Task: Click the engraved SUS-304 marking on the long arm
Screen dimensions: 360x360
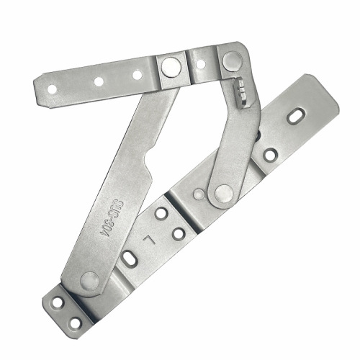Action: click(117, 215)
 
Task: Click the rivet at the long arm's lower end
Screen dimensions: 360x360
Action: click(89, 280)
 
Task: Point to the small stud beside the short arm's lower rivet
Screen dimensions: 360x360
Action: click(199, 194)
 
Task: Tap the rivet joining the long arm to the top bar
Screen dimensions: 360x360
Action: click(171, 67)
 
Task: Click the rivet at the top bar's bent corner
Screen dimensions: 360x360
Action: click(231, 61)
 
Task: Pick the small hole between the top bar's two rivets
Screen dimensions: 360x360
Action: click(200, 64)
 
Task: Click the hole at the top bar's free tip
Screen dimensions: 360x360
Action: click(52, 89)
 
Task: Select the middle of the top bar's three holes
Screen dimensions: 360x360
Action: click(99, 81)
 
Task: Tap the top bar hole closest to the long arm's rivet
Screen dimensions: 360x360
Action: click(137, 75)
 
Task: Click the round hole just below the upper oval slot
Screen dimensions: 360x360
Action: click(270, 154)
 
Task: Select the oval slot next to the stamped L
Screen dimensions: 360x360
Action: click(130, 257)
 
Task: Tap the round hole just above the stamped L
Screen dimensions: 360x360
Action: click(161, 213)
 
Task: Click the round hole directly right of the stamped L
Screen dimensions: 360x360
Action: click(178, 233)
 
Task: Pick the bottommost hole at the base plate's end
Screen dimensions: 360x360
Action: click(76, 323)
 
